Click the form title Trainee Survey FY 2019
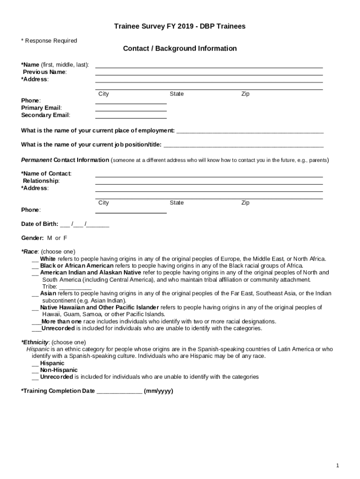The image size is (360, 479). coord(180,27)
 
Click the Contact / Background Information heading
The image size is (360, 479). coord(180,49)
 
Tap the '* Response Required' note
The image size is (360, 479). coord(49,41)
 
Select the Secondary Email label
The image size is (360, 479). coord(45,115)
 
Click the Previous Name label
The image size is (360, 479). coord(44,72)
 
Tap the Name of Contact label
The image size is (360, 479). coord(46,174)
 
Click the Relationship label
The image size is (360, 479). coord(41,181)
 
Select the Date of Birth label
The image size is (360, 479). coord(40,224)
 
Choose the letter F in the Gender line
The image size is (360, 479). coord(65,238)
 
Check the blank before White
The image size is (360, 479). coord(35,259)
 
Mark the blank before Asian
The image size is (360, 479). coord(35,294)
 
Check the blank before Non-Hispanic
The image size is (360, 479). coord(35,370)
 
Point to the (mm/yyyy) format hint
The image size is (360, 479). coord(158,391)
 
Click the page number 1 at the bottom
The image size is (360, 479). coord(337,465)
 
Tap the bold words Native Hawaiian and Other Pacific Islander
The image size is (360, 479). coord(99,307)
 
